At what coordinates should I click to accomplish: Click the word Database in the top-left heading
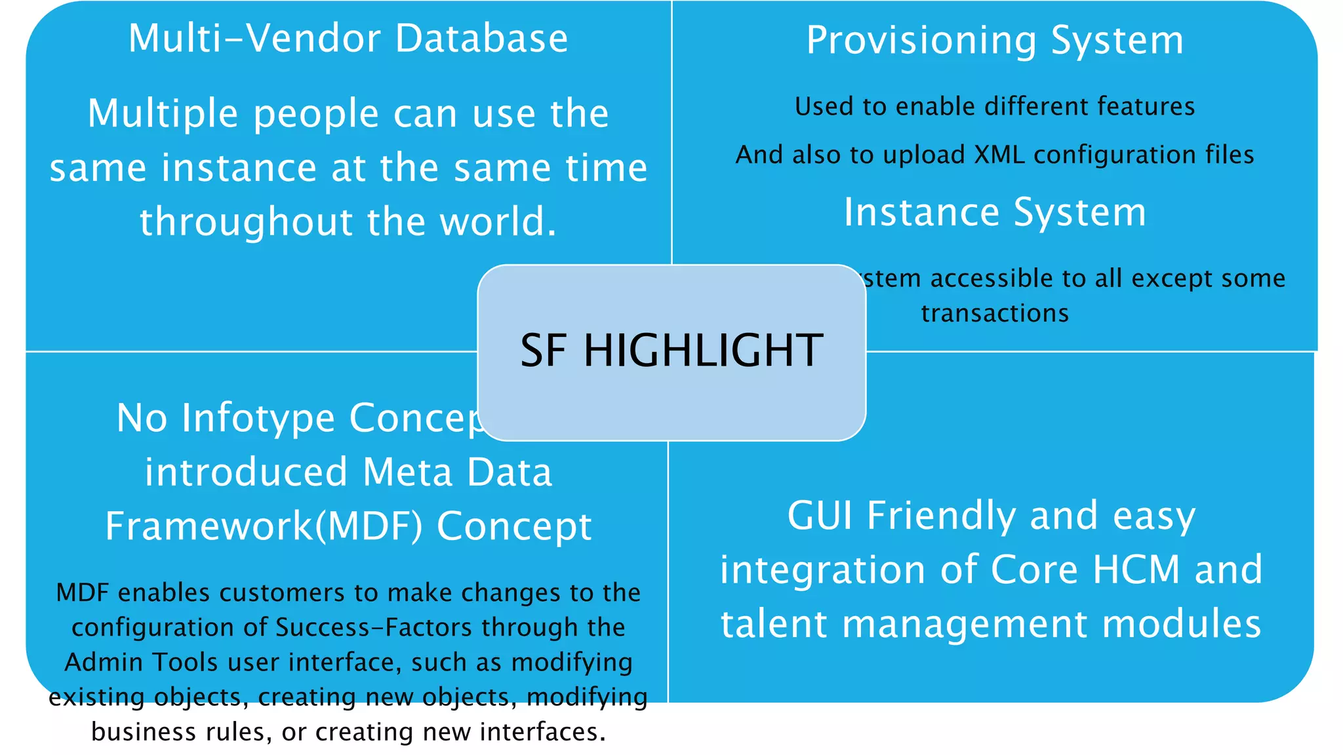click(481, 38)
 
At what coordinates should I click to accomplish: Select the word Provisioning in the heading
click(921, 41)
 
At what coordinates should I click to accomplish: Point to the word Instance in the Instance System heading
click(921, 212)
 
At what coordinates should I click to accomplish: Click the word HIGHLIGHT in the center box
click(703, 350)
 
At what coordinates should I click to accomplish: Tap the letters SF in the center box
click(543, 350)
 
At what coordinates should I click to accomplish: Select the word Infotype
click(258, 418)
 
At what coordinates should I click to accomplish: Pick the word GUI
click(820, 516)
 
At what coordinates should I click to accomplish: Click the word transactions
click(994, 313)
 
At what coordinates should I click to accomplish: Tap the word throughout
click(247, 222)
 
